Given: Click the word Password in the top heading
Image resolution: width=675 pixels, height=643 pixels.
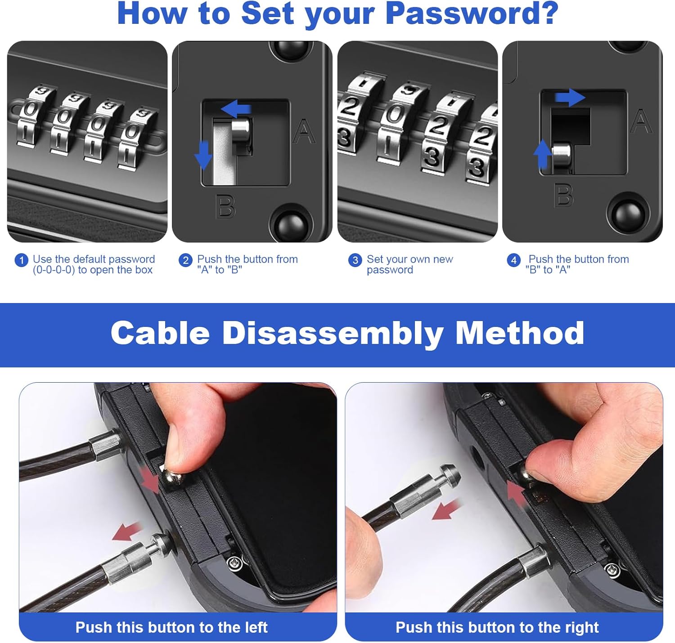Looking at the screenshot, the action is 472,14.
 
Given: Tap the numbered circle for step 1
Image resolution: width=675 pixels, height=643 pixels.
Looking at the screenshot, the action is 21,260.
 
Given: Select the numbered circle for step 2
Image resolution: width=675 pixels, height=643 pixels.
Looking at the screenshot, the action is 185,260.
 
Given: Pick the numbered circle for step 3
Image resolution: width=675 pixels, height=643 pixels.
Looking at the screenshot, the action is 355,260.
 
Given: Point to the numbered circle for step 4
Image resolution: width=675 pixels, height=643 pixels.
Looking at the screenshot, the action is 513,260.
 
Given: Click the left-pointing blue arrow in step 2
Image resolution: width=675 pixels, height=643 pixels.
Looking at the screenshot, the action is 236,109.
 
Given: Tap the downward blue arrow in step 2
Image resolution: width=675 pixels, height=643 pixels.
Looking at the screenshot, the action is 203,155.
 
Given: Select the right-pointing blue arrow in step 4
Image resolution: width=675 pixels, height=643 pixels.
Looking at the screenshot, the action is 570,98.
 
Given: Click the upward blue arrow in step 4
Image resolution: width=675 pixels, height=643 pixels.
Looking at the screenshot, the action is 542,153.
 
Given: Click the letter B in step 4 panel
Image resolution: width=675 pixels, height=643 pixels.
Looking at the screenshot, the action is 563,195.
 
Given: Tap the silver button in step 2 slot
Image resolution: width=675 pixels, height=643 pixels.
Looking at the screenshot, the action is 241,129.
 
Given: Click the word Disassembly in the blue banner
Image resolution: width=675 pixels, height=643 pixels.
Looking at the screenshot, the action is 333,333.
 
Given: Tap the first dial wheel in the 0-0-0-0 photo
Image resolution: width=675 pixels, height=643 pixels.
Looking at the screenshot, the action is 31,116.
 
